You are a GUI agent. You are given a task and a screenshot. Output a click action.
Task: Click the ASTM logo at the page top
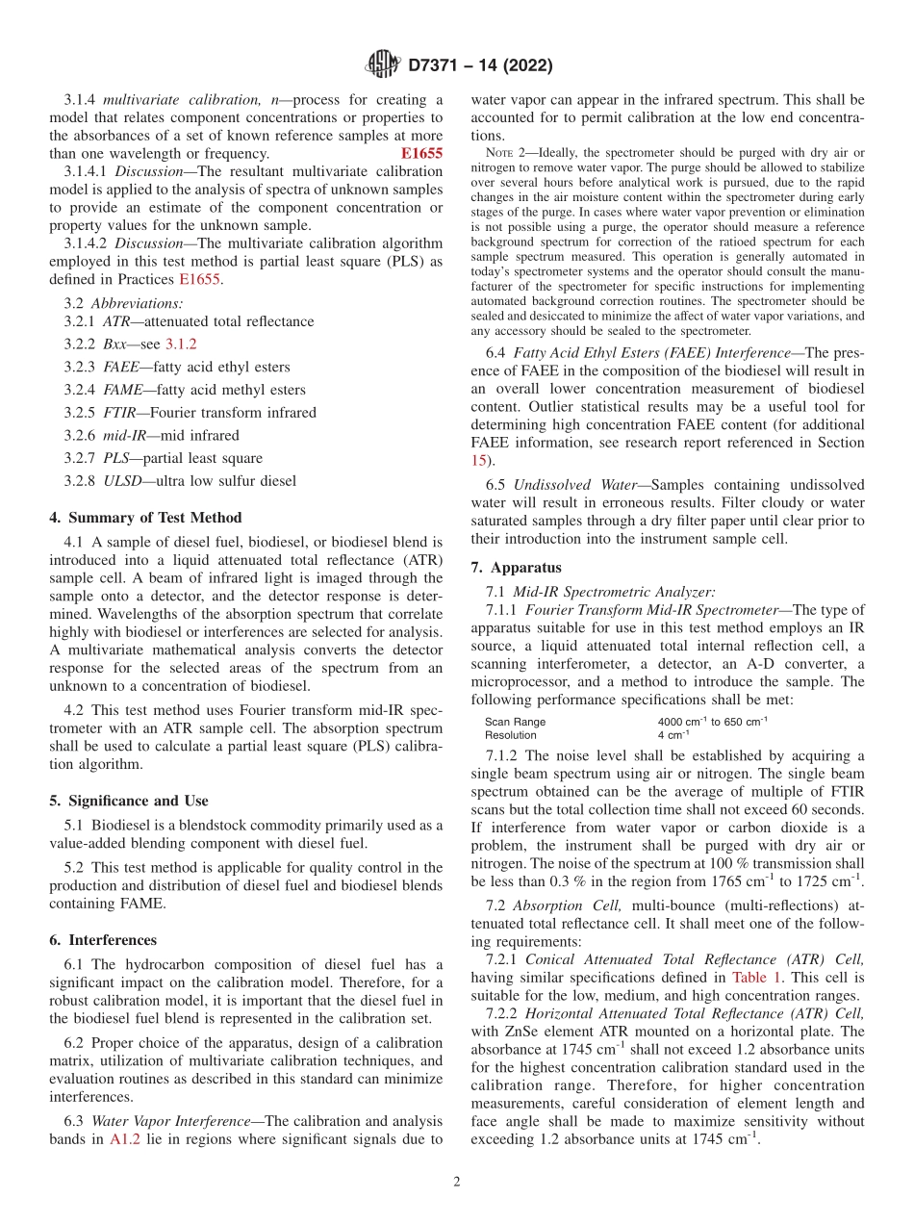382,65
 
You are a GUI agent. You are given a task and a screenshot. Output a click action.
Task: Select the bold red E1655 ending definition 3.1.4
421,153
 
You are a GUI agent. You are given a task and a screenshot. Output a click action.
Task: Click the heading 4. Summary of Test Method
145,518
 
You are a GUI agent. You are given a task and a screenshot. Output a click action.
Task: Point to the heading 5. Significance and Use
129,801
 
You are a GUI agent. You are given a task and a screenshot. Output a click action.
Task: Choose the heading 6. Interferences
103,940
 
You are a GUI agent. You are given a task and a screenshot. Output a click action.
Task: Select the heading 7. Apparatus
517,567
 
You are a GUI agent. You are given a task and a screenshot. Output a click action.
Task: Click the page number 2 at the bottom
457,1182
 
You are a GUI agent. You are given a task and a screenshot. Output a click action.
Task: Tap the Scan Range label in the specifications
515,722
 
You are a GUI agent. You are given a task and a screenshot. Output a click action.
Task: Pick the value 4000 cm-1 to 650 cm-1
712,722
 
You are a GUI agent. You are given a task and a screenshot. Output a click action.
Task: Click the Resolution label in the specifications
511,735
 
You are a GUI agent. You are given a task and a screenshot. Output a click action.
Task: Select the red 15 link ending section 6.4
479,461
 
